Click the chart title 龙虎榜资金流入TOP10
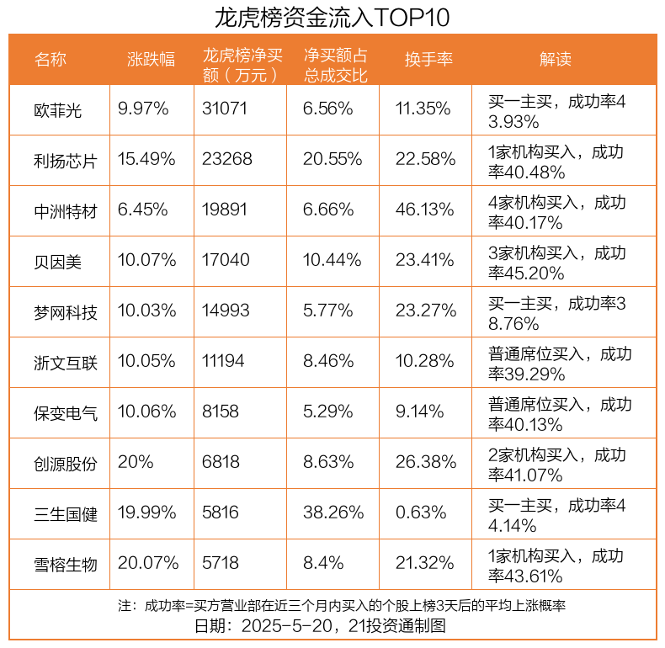click(x=332, y=16)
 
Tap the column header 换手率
click(x=428, y=59)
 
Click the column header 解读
click(x=555, y=59)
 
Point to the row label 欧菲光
click(x=58, y=109)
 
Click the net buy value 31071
click(x=226, y=109)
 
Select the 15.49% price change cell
click(x=146, y=160)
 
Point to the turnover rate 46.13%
click(x=425, y=210)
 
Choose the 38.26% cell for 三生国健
click(x=333, y=513)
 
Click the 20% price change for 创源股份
click(x=135, y=463)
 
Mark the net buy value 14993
click(x=226, y=311)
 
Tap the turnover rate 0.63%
click(x=421, y=513)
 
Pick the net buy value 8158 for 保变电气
click(x=221, y=412)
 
